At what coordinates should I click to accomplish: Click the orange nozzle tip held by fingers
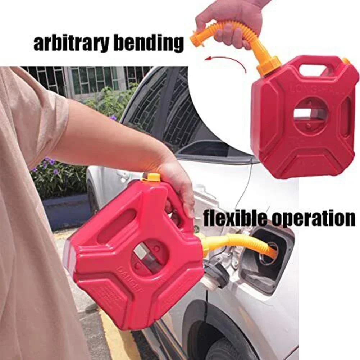[x=197, y=38]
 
